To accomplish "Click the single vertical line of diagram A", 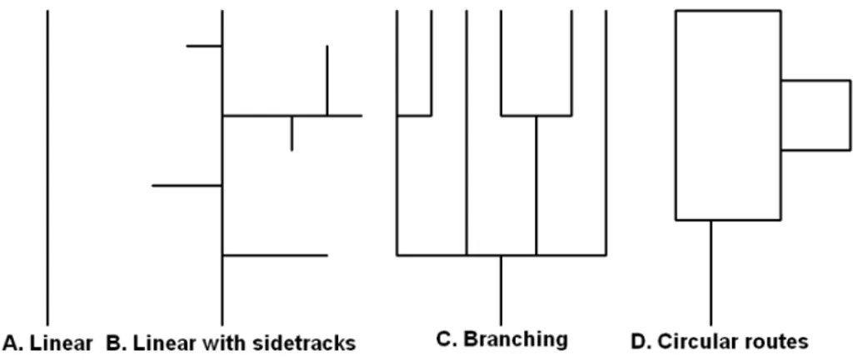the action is [47, 167].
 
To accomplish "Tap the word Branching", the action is [516, 339].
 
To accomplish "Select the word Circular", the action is [691, 342].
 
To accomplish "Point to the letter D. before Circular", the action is [641, 342].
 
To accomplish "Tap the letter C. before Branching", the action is [447, 339].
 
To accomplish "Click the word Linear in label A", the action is [62, 343].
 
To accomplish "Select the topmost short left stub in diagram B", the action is [204, 46].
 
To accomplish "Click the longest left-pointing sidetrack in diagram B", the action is [187, 186].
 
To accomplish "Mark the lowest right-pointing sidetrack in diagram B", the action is [275, 255].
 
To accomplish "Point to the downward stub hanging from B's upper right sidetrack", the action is [292, 133].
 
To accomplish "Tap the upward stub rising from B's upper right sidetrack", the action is [327, 81].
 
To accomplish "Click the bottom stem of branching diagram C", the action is [501, 290].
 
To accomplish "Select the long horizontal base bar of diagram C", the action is [501, 255].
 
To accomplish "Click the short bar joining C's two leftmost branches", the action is [414, 115].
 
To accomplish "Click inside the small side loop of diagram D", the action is [816, 115].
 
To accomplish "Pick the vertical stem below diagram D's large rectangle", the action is [711, 272].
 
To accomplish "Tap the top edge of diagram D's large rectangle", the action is [728, 10].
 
